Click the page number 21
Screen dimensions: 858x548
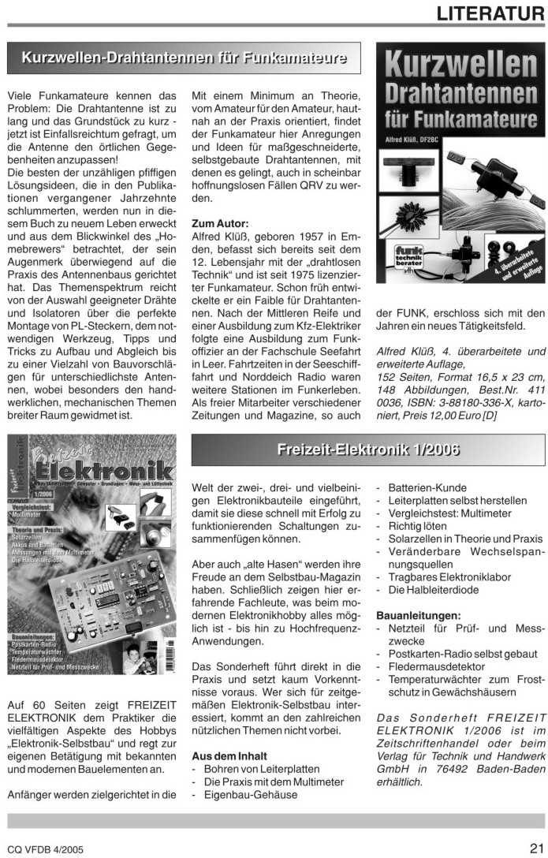[x=535, y=849]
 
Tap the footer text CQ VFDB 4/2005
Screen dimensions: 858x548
[x=44, y=850]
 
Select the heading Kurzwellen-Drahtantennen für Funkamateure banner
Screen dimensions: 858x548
[x=184, y=58]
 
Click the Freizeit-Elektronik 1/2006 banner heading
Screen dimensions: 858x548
[x=367, y=450]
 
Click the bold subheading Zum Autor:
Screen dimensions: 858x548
[x=220, y=223]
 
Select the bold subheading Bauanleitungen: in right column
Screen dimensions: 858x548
[x=418, y=614]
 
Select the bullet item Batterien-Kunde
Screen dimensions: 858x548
[x=427, y=488]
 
